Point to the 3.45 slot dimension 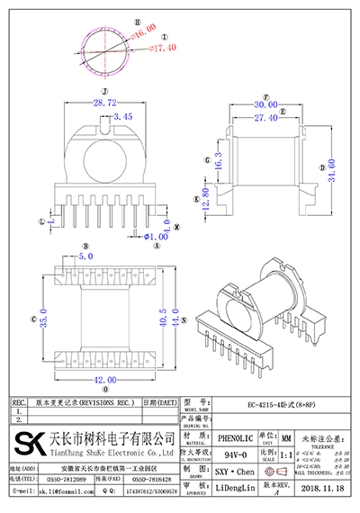122,117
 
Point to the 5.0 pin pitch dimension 86,256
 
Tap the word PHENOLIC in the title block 235,437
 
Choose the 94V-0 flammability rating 235,454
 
